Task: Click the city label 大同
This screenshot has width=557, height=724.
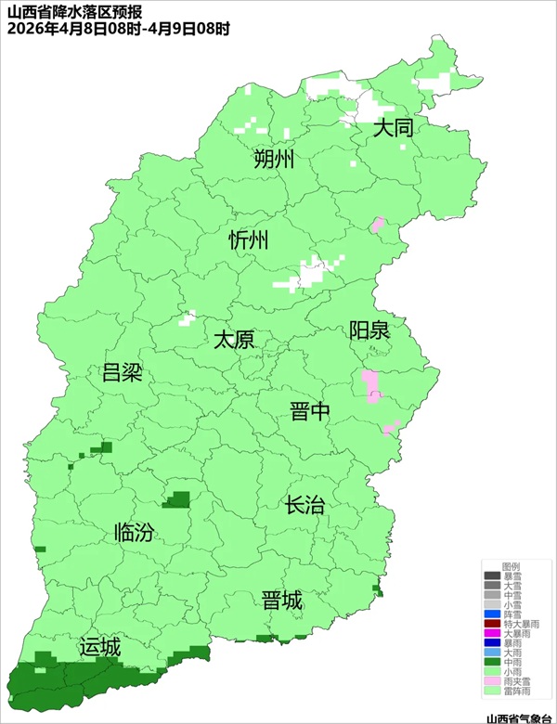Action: coord(393,128)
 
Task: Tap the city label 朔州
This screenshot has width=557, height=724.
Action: coord(274,160)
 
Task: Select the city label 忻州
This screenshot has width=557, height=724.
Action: coord(249,241)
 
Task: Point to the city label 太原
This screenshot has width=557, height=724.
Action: coord(234,340)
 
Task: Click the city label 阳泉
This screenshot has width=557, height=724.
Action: coord(369,330)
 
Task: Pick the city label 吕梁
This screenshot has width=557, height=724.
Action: coord(121,374)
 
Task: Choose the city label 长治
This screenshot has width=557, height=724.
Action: coord(304,506)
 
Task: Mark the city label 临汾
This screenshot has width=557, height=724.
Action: coord(134,533)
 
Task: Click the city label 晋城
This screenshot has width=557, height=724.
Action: coord(282,601)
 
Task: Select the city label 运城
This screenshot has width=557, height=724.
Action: coord(100,648)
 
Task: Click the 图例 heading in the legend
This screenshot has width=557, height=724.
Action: coord(511,565)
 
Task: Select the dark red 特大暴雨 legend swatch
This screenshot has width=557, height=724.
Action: coord(491,624)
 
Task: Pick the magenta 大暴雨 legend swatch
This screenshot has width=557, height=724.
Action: coord(491,633)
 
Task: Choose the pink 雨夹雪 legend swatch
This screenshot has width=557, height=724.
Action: coord(491,680)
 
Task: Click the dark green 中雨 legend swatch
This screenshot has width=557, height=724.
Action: coord(491,662)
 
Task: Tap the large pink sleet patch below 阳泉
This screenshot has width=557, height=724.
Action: coord(370,386)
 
